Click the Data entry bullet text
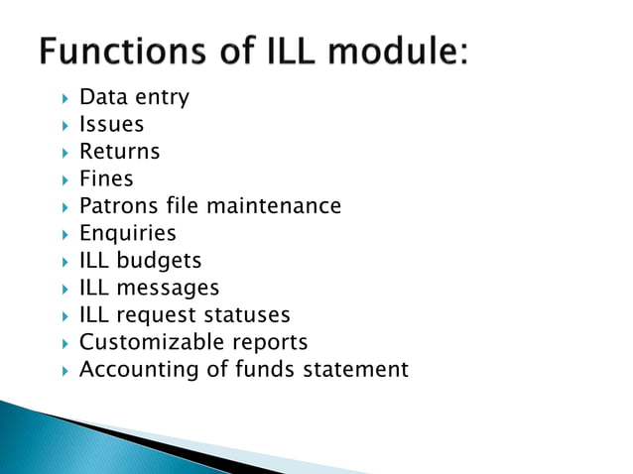(134, 97)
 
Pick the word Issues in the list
(111, 125)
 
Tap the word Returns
(119, 152)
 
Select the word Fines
(106, 179)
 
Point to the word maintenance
(283, 206)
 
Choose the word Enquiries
(127, 234)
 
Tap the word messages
(170, 288)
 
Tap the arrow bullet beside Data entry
(63, 98)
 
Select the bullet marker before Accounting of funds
(63, 371)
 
